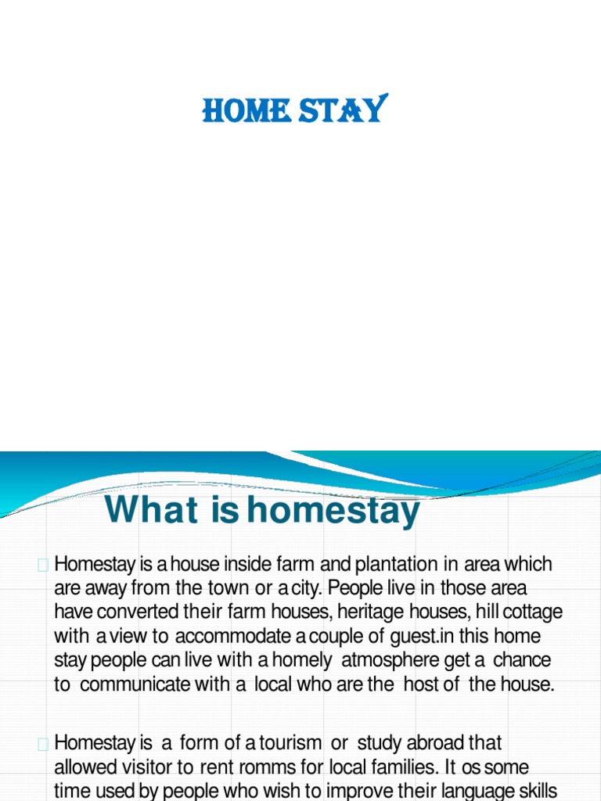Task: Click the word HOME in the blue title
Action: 247,110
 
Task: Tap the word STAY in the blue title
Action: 343,108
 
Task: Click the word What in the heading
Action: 151,509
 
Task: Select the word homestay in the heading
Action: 333,512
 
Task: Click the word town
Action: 229,588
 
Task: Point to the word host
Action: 420,684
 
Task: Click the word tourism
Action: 290,743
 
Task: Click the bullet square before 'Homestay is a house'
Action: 43,565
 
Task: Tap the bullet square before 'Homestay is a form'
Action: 43,745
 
